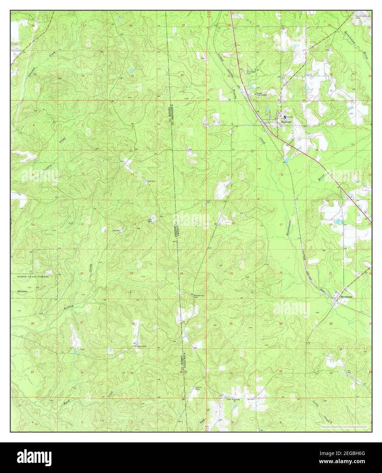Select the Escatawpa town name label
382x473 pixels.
pos(346,297)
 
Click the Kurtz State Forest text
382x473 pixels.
pos(33,277)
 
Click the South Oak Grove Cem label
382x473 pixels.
pos(363,17)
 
